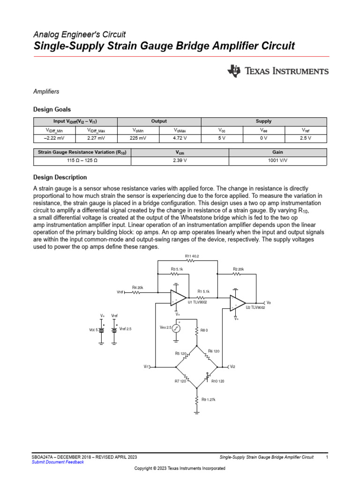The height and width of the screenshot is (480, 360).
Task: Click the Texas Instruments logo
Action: pos(278,71)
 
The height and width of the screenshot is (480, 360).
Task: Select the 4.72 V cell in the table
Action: pos(180,138)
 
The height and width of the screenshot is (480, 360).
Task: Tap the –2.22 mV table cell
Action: pos(54,138)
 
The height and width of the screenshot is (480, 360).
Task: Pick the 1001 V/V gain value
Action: pos(277,161)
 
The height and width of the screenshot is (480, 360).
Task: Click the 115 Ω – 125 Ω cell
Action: pos(82,161)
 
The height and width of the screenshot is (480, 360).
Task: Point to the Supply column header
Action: pos(263,121)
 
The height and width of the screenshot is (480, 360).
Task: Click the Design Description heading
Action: pos(60,178)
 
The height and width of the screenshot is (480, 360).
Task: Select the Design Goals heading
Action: pos(52,109)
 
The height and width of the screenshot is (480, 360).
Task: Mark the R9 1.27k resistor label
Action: pos(208,400)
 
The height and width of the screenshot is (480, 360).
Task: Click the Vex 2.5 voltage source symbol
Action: pos(176,328)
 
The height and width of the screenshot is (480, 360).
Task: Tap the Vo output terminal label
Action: pos(269,303)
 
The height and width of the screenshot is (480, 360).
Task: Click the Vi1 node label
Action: pos(146,367)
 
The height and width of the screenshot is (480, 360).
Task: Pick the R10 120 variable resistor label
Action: pos(217,382)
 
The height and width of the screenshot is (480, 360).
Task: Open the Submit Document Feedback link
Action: pos(58,462)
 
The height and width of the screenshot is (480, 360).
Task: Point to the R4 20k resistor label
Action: pos(137,287)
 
